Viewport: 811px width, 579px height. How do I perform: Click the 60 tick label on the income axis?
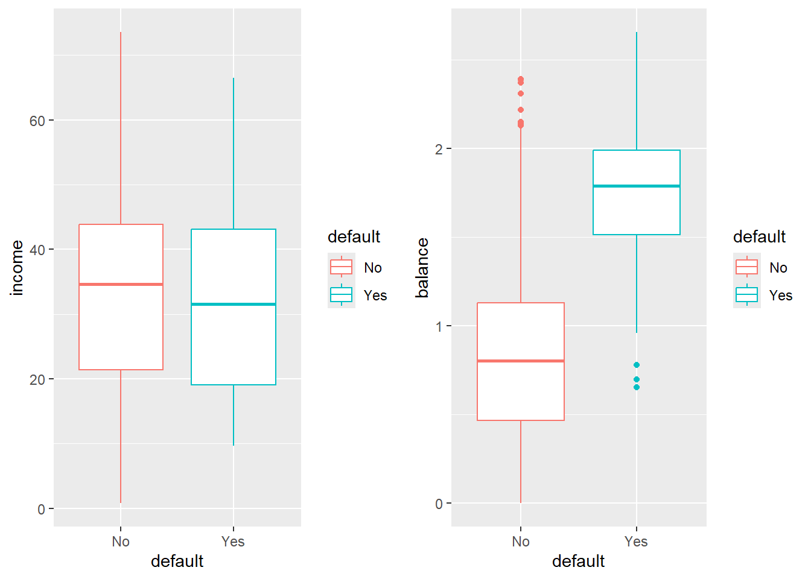click(37, 121)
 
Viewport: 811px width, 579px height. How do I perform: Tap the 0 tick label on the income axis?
click(41, 510)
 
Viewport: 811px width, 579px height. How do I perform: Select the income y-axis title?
click(17, 268)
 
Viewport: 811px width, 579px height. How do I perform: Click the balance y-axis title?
click(422, 268)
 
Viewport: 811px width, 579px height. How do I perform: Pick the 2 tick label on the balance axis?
click(439, 149)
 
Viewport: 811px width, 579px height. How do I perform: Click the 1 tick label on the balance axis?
click(439, 326)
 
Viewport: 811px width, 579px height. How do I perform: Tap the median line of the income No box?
click(121, 284)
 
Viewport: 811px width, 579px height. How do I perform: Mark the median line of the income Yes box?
click(234, 304)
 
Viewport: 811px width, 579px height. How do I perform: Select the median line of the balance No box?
click(521, 361)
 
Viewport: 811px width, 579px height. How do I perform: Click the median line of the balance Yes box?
click(637, 186)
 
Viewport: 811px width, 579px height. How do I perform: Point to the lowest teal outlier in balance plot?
click(637, 387)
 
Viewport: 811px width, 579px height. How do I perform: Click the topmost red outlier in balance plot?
click(521, 79)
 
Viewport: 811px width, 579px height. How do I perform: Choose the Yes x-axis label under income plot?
click(233, 542)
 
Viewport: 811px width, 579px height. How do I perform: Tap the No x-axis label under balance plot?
click(521, 542)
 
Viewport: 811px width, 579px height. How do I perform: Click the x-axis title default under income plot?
click(177, 562)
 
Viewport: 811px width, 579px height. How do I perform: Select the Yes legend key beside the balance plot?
click(746, 295)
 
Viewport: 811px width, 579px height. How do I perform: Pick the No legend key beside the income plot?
click(341, 267)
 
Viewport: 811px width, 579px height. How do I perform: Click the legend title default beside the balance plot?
click(759, 236)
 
